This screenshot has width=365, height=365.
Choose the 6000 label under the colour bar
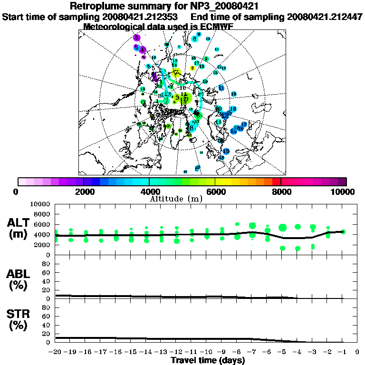click(215, 192)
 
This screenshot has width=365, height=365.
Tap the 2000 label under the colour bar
click(84, 192)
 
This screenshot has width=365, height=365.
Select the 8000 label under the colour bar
click(281, 192)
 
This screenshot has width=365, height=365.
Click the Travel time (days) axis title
click(208, 361)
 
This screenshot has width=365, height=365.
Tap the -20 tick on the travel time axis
click(56, 352)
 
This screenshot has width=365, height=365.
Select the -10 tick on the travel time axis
click(206, 352)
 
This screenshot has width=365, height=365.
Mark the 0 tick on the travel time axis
click(357, 352)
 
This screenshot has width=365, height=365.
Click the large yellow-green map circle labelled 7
click(177, 73)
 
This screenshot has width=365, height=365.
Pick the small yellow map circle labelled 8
click(192, 68)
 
